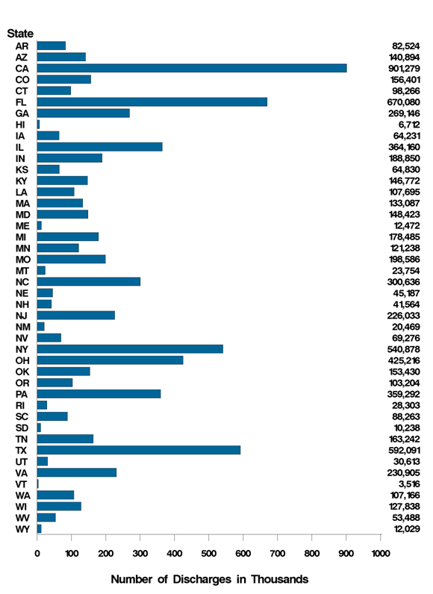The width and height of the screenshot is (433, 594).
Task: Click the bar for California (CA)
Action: (192, 68)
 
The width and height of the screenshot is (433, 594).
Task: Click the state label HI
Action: (22, 124)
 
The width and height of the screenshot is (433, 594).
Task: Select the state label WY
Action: (22, 529)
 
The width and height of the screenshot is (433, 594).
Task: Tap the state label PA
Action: (22, 394)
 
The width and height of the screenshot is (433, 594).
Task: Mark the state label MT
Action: (22, 270)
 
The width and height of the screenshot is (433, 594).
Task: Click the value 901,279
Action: (400, 68)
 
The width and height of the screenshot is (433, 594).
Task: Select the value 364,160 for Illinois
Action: (400, 147)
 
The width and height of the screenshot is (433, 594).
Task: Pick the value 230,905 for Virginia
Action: (400, 472)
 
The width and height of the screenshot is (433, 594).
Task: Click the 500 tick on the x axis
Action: (209, 553)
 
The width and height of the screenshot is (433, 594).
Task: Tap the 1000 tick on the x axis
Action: (380, 553)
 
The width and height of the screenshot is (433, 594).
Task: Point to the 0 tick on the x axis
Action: (37, 553)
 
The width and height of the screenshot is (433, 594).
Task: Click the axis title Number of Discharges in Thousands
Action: (209, 579)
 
